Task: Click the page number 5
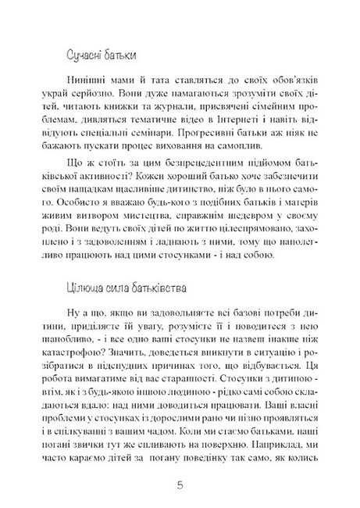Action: pyautogui.click(x=180, y=484)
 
